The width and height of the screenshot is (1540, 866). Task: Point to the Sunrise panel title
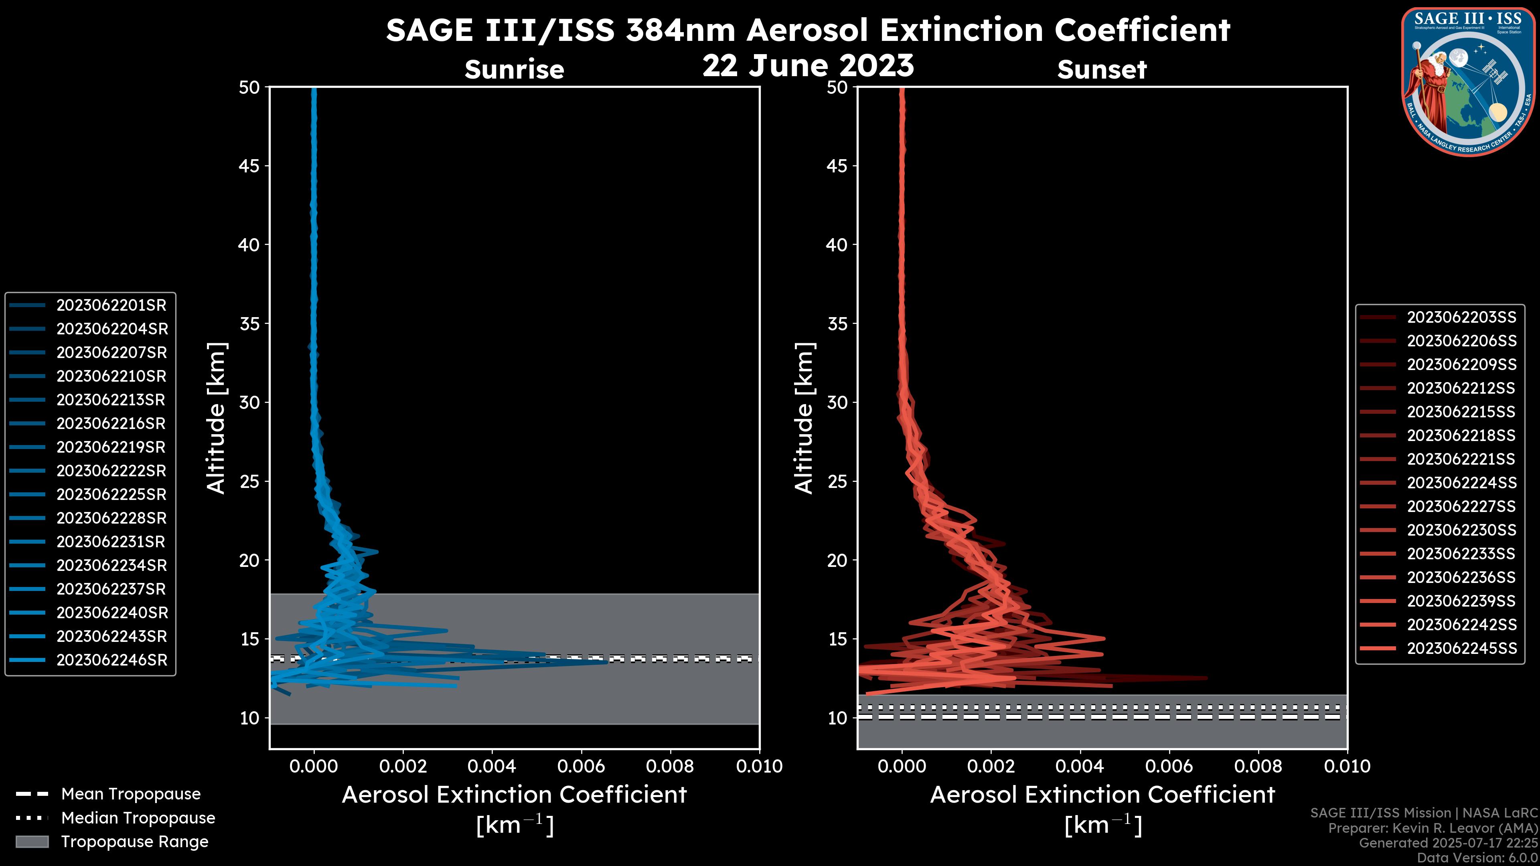pos(514,70)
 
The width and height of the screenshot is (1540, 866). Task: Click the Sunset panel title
pos(1102,70)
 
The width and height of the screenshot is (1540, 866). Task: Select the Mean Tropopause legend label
pos(131,794)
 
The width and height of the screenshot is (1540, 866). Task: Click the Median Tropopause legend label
pos(138,818)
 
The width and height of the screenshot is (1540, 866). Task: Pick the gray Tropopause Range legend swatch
pos(32,842)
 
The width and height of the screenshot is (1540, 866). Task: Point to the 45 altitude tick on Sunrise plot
pos(249,166)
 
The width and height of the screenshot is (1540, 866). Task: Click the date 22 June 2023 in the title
pos(808,66)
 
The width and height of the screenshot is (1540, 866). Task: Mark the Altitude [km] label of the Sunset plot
pos(804,418)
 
